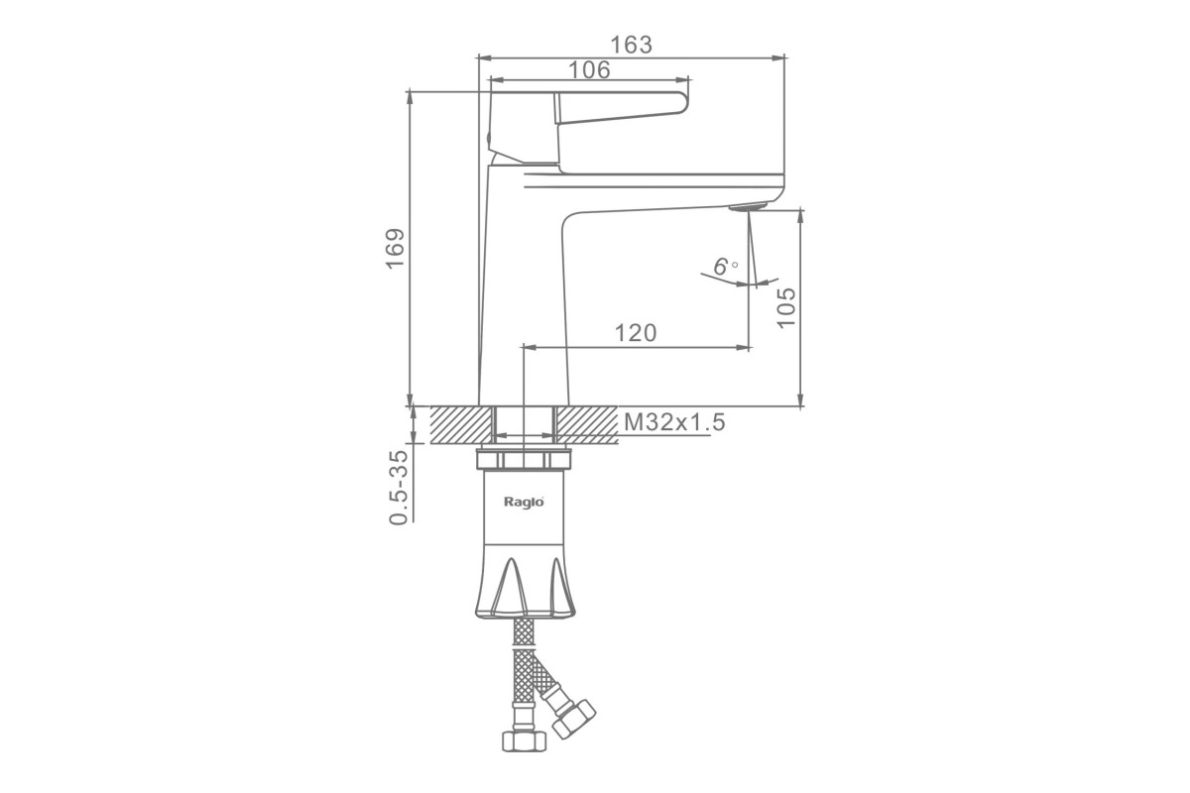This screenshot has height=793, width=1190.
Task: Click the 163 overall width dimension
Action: click(x=631, y=46)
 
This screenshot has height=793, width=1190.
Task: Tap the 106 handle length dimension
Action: click(x=589, y=70)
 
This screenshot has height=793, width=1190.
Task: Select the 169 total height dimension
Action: click(x=396, y=249)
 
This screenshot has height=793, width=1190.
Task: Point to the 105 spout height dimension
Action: click(x=786, y=308)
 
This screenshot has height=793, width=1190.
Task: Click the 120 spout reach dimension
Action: click(x=636, y=333)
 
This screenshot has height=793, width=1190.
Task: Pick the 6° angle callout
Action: click(x=725, y=266)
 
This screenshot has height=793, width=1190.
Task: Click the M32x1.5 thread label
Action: click(x=674, y=423)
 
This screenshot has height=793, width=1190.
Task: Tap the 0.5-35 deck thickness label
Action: click(x=399, y=488)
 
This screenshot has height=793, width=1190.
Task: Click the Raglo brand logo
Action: click(x=524, y=502)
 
